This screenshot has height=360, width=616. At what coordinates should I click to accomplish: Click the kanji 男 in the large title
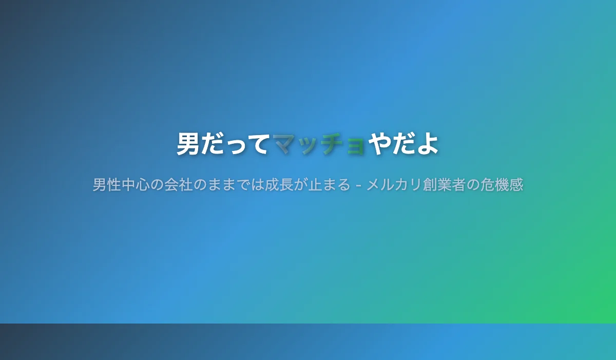click(x=188, y=144)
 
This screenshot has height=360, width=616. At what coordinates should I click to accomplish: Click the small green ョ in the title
click(x=356, y=146)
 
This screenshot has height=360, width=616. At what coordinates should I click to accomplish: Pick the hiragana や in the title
click(x=380, y=144)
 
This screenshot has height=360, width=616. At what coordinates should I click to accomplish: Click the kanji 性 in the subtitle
click(x=114, y=184)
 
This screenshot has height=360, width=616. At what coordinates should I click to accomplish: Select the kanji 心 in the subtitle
click(x=143, y=184)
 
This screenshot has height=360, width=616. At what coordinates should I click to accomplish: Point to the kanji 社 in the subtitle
click(x=186, y=184)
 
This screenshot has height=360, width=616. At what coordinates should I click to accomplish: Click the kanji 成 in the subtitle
click(x=272, y=184)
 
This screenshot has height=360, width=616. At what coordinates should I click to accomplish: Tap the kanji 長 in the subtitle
click(x=286, y=184)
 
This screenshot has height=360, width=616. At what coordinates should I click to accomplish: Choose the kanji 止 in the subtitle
click(x=314, y=184)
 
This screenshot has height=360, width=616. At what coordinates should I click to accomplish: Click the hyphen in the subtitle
click(x=358, y=185)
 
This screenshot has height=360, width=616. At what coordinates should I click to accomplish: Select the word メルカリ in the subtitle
click(x=394, y=184)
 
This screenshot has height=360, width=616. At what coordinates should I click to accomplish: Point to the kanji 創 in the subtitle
click(x=430, y=184)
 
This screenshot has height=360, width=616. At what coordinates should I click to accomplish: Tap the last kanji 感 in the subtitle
click(x=515, y=184)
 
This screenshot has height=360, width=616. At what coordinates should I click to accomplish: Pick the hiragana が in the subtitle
click(x=300, y=184)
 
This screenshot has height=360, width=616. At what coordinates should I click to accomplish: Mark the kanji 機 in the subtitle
click(x=502, y=184)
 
